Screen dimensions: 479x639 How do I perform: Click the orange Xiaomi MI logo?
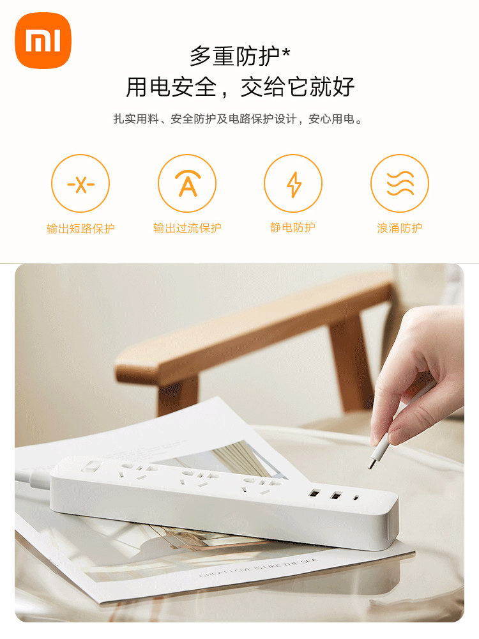click(x=43, y=40)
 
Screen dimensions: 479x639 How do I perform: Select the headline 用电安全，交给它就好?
click(x=240, y=87)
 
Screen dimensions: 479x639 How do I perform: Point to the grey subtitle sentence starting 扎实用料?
click(x=238, y=119)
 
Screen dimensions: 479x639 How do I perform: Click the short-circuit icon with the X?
click(x=80, y=183)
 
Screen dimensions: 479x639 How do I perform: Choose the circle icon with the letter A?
click(x=187, y=183)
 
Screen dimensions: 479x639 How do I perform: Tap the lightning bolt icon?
click(x=293, y=183)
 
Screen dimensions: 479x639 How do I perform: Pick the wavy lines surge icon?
click(x=400, y=183)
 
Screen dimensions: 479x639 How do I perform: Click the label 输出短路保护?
click(x=80, y=228)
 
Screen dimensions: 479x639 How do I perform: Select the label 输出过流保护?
click(x=187, y=228)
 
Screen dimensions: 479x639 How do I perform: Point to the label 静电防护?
click(x=293, y=227)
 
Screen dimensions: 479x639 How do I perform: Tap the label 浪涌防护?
click(x=400, y=228)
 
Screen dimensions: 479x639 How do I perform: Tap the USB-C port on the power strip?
click(x=357, y=498)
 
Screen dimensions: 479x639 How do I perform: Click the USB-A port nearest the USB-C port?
click(x=336, y=496)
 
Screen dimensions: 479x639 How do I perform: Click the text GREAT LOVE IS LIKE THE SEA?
click(x=259, y=568)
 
